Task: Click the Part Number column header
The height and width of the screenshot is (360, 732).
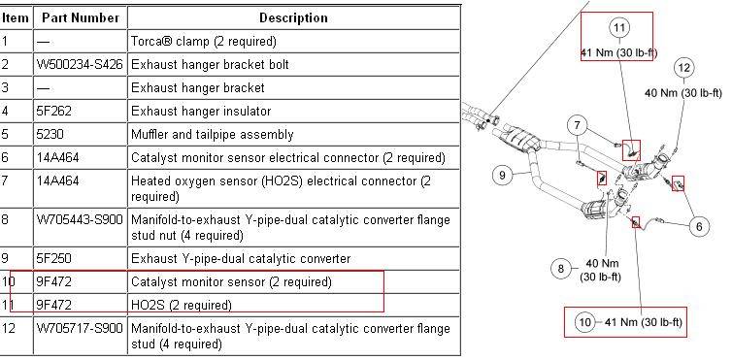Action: [81, 18]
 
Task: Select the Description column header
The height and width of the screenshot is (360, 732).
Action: [293, 18]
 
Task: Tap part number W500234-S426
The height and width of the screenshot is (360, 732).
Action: [80, 64]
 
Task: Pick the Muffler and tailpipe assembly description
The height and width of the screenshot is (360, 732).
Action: [213, 135]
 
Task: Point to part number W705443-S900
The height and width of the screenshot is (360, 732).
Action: [80, 219]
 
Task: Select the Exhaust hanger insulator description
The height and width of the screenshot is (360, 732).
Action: [201, 112]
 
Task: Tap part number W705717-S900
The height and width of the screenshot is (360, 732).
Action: [80, 329]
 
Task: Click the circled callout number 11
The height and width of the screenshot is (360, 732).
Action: [619, 28]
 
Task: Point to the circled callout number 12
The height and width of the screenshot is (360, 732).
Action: [683, 68]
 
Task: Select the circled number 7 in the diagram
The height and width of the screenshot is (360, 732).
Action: [578, 125]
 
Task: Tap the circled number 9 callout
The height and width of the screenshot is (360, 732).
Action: [502, 175]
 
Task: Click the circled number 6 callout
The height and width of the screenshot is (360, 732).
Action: [699, 227]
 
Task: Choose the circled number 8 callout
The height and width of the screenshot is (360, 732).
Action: [561, 269]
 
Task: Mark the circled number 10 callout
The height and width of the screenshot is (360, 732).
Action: [584, 322]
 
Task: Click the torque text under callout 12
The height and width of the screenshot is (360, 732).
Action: [683, 93]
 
